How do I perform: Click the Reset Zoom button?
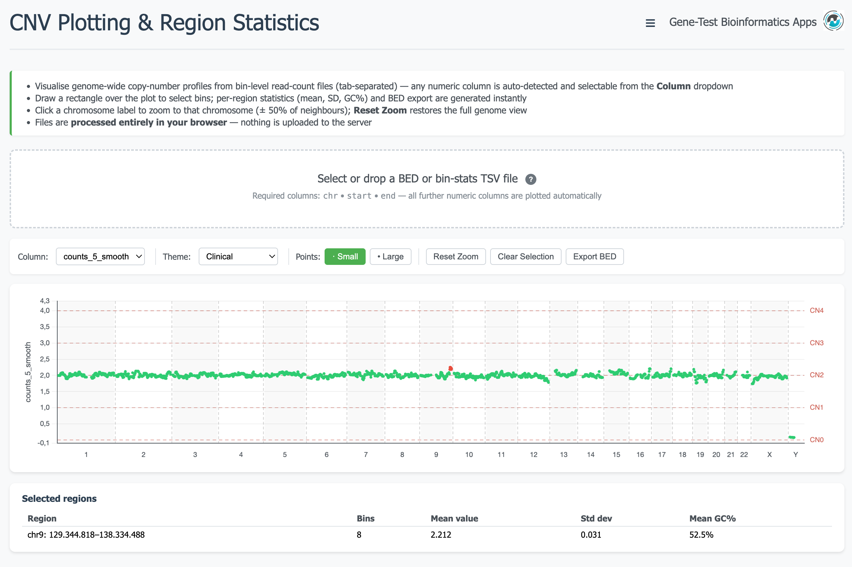click(x=455, y=256)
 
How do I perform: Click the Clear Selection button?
click(x=525, y=256)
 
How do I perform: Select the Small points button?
click(x=345, y=256)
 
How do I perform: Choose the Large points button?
click(x=390, y=256)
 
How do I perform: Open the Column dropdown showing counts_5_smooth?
click(x=100, y=256)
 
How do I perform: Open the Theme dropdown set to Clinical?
click(x=238, y=256)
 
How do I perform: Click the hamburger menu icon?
click(x=650, y=23)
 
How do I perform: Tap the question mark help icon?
click(x=530, y=179)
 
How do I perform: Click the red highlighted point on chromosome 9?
click(x=450, y=368)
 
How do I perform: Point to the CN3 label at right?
click(x=816, y=343)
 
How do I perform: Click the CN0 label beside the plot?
click(x=816, y=440)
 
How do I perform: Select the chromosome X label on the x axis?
click(x=769, y=455)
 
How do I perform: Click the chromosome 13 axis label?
click(x=563, y=455)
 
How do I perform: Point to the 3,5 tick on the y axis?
click(x=45, y=327)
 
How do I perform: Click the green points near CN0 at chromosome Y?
click(x=792, y=438)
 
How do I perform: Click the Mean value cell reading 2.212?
click(x=440, y=535)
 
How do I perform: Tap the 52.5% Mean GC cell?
click(x=701, y=535)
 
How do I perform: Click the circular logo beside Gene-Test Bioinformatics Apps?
click(x=833, y=21)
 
